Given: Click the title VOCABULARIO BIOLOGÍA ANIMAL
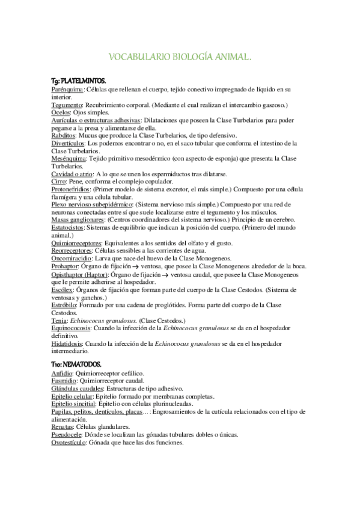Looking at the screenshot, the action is coord(179,57).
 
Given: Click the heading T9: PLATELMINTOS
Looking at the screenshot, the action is coord(78,80).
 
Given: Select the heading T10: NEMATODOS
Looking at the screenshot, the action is coord(76,364).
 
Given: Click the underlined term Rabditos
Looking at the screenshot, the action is coord(64,135).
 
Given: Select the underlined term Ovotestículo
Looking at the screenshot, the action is coord(72,443).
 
